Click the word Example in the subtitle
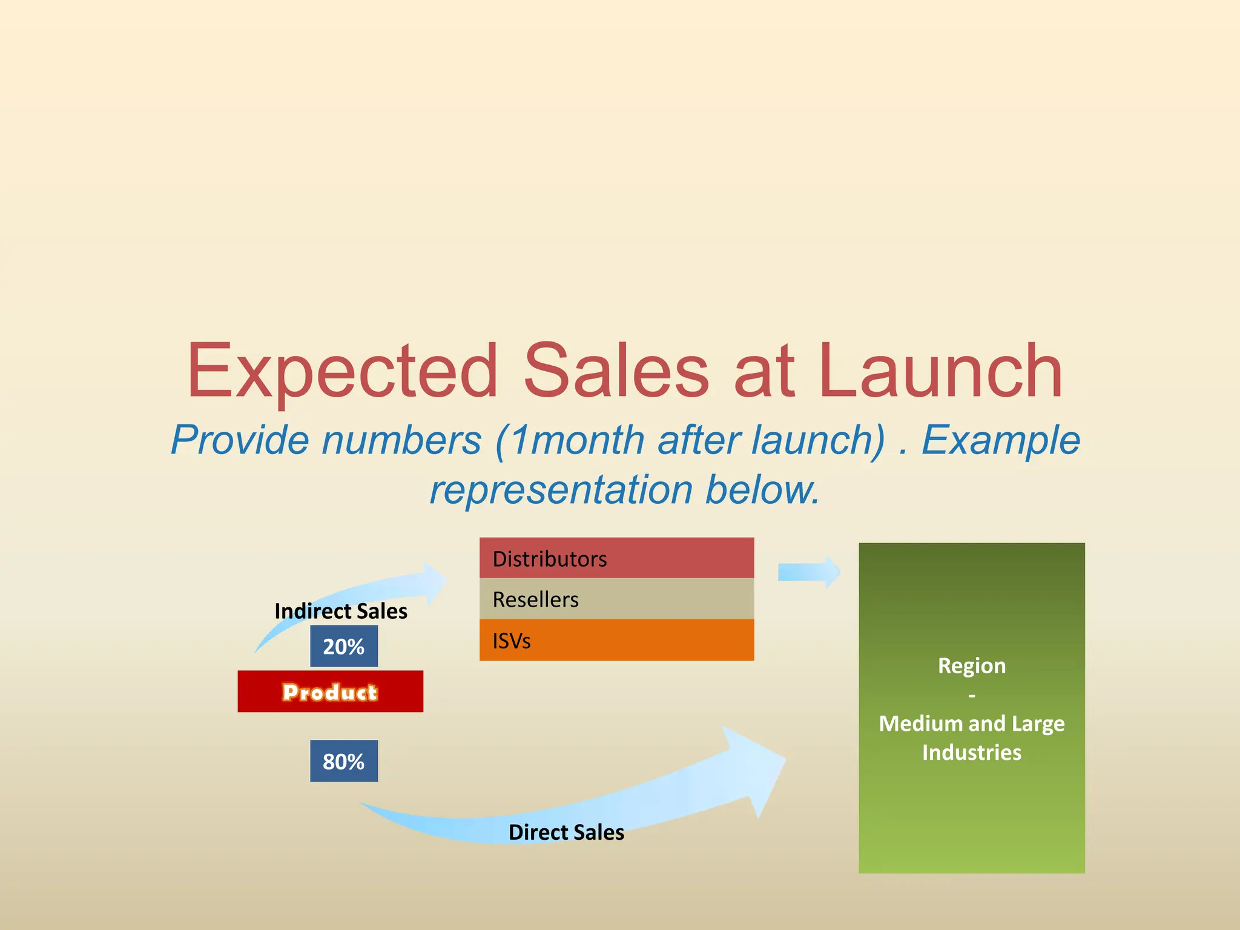1000,440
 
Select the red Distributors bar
616,558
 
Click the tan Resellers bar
616,599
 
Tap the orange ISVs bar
616,640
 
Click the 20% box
344,647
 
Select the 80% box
344,761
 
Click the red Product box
330,691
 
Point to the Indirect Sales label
341,611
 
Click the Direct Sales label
566,833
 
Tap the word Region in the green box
972,666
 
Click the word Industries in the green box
972,753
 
